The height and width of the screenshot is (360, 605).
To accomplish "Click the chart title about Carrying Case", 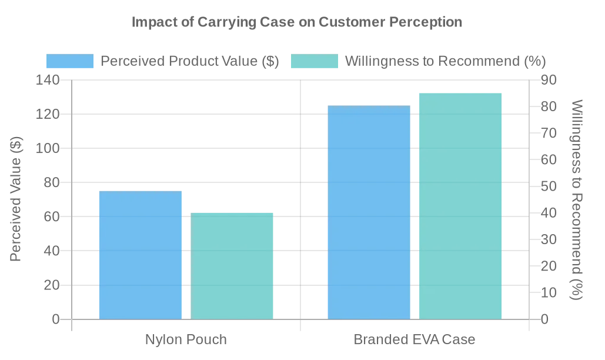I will tap(296, 22).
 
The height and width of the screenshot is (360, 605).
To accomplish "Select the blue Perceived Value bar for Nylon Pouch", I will tap(141, 255).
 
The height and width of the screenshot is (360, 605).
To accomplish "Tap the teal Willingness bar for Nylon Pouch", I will tap(232, 266).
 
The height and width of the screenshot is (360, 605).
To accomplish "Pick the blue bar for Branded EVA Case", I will tap(369, 212).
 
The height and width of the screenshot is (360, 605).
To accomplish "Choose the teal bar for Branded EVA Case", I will tap(460, 206).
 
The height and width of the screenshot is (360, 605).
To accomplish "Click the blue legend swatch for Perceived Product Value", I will tap(70, 61).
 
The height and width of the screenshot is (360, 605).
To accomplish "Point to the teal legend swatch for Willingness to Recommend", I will tap(315, 61).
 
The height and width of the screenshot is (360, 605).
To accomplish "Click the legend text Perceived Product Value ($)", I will tap(189, 61).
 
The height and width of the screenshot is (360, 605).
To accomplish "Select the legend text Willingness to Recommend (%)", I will tap(445, 61).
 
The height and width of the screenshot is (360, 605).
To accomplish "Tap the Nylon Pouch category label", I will tap(186, 339).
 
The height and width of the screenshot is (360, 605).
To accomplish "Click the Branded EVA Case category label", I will tap(415, 339).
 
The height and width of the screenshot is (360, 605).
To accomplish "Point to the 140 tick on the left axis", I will tap(48, 80).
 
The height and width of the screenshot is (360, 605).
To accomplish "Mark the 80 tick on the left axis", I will tap(51, 182).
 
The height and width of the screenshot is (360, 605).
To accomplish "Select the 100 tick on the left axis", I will tap(48, 148).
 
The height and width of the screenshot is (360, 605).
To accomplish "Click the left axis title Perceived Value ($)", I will tap(16, 199).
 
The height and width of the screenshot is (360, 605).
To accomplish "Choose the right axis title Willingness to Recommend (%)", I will tap(577, 199).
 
